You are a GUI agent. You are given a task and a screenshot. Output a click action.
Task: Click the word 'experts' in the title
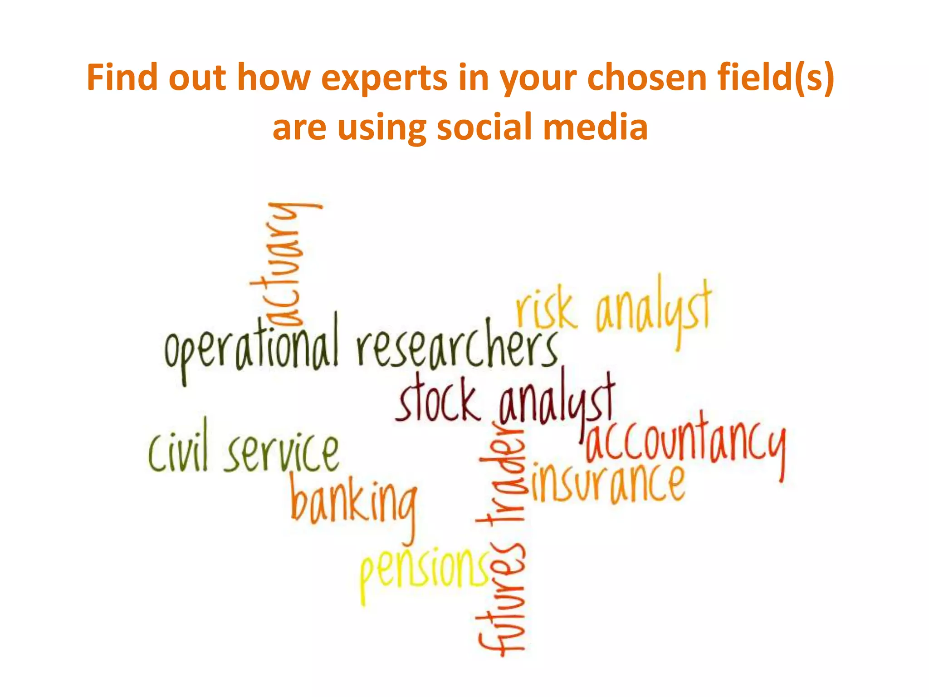(x=384, y=78)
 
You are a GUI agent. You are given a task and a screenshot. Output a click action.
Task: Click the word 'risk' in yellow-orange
(x=546, y=309)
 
